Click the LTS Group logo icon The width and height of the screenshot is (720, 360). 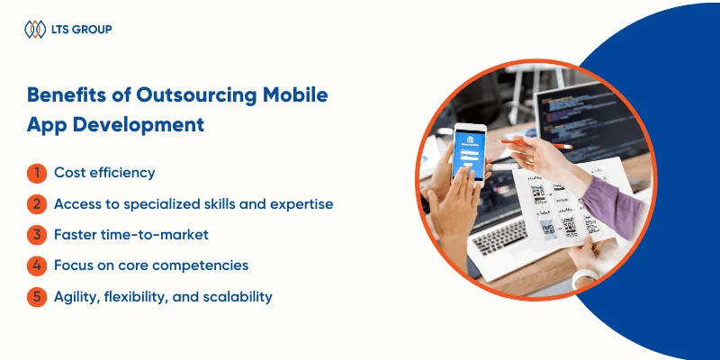35,30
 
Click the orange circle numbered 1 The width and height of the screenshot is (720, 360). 37,174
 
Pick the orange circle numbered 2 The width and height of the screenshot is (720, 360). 37,204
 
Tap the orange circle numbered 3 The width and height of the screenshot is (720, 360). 37,235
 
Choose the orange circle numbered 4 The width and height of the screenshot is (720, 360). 37,265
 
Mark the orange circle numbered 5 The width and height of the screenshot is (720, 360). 37,297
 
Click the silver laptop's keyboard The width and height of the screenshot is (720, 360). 500,236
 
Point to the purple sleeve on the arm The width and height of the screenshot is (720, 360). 613,206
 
